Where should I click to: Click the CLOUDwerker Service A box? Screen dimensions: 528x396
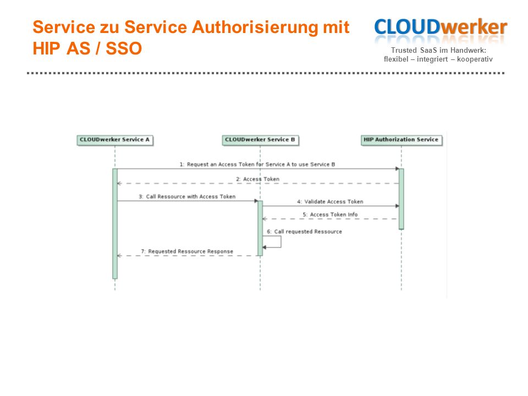(x=115, y=140)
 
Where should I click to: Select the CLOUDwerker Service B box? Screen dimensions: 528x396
(x=260, y=140)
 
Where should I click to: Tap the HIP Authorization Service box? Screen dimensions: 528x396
(x=402, y=140)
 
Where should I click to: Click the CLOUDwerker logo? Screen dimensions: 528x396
(x=441, y=30)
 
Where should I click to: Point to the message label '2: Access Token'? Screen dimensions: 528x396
(x=257, y=179)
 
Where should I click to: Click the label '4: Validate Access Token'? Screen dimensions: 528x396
(x=330, y=202)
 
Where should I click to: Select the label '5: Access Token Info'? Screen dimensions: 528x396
(x=330, y=215)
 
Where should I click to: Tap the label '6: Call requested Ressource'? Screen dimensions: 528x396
(x=304, y=232)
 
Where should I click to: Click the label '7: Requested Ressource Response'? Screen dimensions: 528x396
(x=187, y=251)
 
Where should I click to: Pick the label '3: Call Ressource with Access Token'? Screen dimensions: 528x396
(x=187, y=197)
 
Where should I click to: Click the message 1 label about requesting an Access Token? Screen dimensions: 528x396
(x=257, y=164)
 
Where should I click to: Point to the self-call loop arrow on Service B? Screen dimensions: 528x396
(x=281, y=242)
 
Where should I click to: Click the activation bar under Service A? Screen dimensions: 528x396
(x=115, y=224)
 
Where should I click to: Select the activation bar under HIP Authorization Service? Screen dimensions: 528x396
(x=402, y=199)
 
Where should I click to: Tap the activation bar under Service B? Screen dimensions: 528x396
(x=260, y=228)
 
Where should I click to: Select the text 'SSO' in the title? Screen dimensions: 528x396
(x=124, y=48)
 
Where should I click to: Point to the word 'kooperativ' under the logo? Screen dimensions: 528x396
(x=475, y=59)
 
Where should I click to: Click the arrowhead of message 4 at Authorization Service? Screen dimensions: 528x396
(x=397, y=206)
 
